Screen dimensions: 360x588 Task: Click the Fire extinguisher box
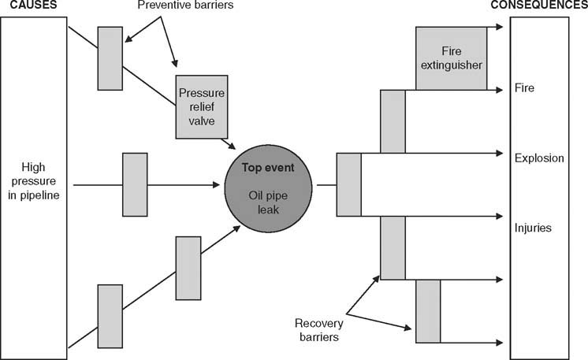point(450,58)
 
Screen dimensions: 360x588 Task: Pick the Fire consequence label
point(523,88)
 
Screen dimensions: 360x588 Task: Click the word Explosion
point(539,158)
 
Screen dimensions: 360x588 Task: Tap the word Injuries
point(532,228)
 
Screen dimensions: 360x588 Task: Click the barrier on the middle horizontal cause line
point(135,184)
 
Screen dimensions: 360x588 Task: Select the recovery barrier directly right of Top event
point(348,184)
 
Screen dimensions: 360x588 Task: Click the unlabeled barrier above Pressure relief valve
point(110,58)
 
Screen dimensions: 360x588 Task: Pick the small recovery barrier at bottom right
point(428,310)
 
